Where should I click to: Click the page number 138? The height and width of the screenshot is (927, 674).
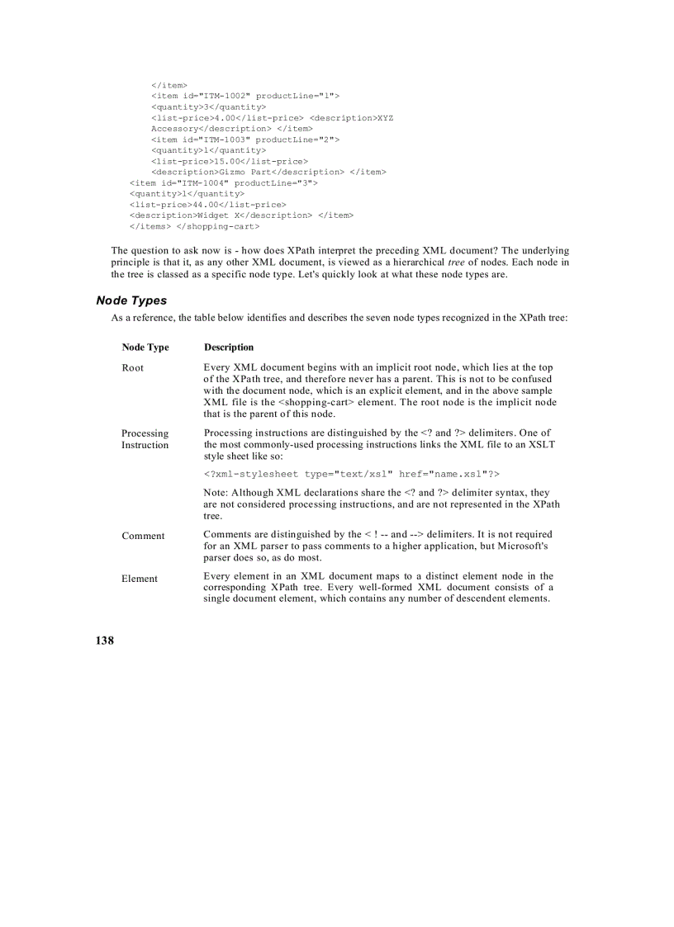[x=104, y=641]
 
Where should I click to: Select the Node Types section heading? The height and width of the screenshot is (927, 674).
[x=131, y=300]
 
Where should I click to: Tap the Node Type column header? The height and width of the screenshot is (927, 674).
[x=145, y=348]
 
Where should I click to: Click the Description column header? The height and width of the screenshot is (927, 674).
[x=229, y=348]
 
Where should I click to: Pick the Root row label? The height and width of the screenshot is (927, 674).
[x=132, y=368]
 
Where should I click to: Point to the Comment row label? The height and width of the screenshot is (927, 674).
[x=143, y=537]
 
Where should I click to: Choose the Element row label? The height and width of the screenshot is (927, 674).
[x=139, y=579]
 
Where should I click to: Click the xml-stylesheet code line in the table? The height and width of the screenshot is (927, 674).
[x=352, y=475]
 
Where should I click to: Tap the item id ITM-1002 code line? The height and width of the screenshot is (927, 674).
[x=245, y=97]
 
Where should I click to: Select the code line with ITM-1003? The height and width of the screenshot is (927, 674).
[x=245, y=140]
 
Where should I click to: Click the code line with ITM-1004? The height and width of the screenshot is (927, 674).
[x=224, y=182]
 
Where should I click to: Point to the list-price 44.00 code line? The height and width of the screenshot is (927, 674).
[x=208, y=204]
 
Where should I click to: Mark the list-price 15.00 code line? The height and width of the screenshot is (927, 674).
[x=230, y=161]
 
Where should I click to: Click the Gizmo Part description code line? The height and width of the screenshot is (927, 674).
[x=268, y=172]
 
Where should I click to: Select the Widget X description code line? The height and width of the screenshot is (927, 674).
[x=241, y=215]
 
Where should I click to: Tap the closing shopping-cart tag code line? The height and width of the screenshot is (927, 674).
[x=195, y=225]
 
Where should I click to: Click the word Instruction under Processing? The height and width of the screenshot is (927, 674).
[x=145, y=446]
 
